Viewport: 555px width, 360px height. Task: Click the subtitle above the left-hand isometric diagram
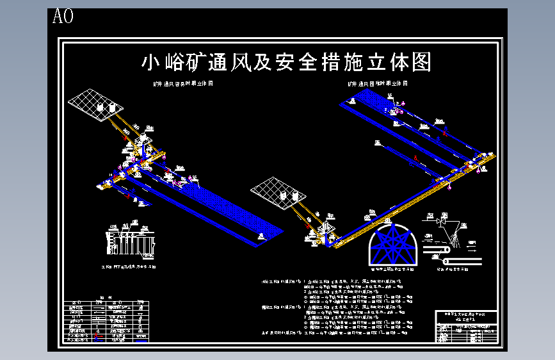pyautogui.click(x=182, y=84)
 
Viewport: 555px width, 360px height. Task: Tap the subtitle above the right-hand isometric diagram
pyautogui.click(x=378, y=84)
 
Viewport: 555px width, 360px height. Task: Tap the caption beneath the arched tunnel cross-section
pyautogui.click(x=392, y=271)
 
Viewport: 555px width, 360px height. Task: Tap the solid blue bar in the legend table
pyautogui.click(x=141, y=340)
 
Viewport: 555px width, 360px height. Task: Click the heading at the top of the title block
pyautogui.click(x=466, y=314)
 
